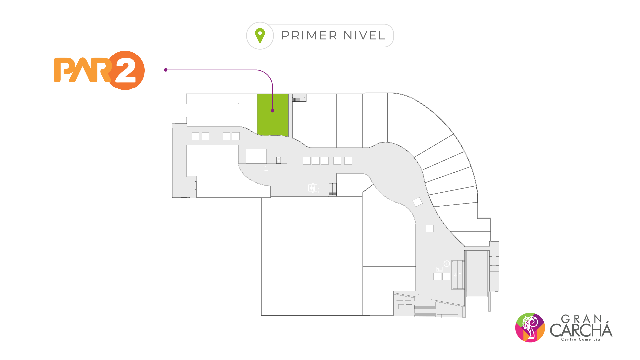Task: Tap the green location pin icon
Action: point(260,35)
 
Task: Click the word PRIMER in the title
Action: point(310,35)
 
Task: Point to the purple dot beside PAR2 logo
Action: point(166,70)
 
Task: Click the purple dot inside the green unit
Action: point(273,111)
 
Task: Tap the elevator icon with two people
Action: point(312,188)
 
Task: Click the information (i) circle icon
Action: point(447,264)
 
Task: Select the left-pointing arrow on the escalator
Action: point(266,166)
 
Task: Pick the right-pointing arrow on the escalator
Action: point(266,171)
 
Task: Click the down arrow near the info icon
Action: point(455,275)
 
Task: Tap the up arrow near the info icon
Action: point(460,275)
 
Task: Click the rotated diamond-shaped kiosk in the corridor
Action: point(417,202)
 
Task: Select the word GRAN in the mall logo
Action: point(582,319)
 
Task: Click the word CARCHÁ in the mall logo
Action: point(581,330)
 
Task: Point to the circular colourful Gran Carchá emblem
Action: point(530,327)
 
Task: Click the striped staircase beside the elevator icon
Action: point(333,190)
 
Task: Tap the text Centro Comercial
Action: point(581,339)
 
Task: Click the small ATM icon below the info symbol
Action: point(439,269)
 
